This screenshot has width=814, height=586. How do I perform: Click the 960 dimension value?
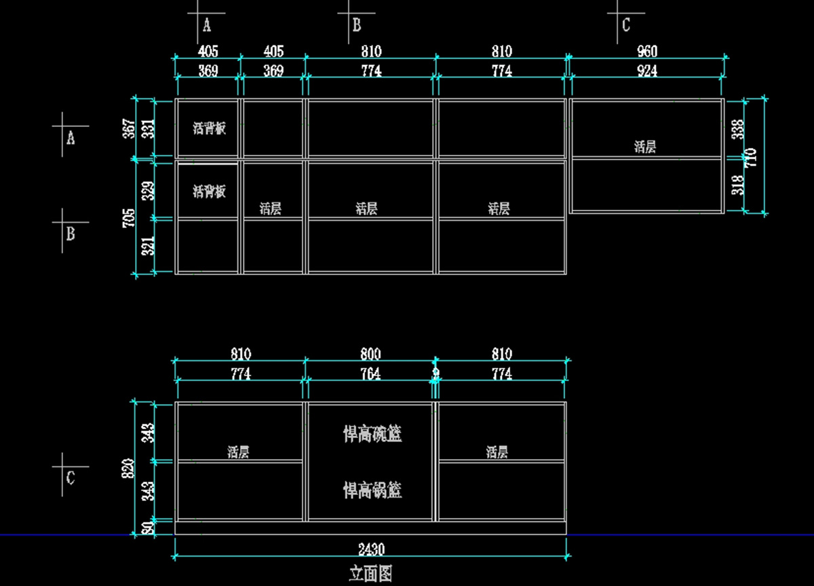point(647,52)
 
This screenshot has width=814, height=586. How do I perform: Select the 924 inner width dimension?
point(647,71)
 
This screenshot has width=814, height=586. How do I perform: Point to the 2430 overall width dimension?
point(371,549)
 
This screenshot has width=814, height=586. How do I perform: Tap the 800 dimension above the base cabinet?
point(370,354)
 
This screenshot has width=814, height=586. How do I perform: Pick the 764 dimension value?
point(370,374)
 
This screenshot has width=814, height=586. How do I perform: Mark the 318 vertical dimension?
point(738,185)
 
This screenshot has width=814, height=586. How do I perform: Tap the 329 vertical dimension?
point(149,190)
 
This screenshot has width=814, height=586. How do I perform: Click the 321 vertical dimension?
point(149,245)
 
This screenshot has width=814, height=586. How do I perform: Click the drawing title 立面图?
point(371,574)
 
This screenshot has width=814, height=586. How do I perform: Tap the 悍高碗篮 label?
point(372,434)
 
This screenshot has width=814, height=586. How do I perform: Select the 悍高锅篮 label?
point(372,490)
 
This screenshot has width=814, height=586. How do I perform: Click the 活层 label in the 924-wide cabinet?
point(645,147)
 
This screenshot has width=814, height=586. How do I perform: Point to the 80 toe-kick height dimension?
point(149,527)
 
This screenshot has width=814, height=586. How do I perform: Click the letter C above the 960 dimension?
point(626,26)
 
